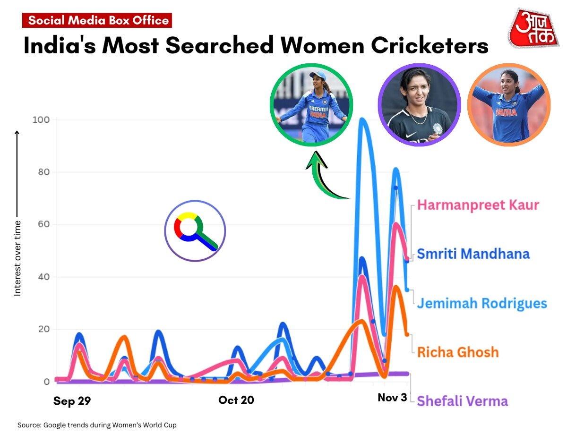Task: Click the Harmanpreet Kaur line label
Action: (478, 205)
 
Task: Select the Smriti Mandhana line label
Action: (473, 254)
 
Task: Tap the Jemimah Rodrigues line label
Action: (481, 303)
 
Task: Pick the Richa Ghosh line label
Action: (458, 352)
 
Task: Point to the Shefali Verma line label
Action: (463, 401)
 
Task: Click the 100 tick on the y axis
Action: (41, 120)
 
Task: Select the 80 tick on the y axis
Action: (43, 172)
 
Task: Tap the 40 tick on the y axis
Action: (43, 277)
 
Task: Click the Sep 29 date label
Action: (72, 401)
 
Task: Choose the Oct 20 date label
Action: (236, 400)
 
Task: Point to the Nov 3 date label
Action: (392, 398)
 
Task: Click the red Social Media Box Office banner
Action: (97, 21)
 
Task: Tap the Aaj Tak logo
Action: (533, 28)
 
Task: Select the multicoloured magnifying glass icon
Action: (195, 231)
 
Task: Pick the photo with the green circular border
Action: (311, 104)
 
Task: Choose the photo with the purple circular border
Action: (419, 105)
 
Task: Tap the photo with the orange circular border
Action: (509, 105)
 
